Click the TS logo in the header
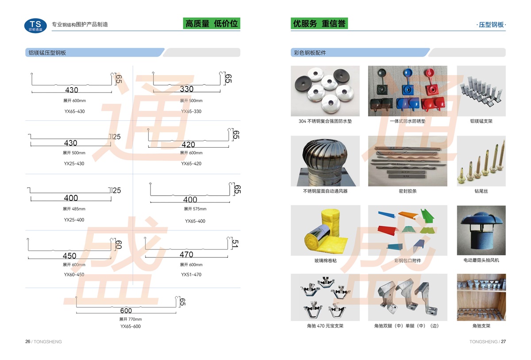[35, 25]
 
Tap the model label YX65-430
[74, 111]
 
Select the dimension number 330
[187, 89]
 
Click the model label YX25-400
[74, 220]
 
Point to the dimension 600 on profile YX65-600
[126, 310]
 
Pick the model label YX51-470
[191, 275]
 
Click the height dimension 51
[235, 243]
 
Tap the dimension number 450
[69, 256]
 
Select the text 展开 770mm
[131, 319]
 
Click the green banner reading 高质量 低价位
[212, 24]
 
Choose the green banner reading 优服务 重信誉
[319, 24]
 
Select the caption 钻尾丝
[481, 191]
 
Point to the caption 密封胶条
[408, 191]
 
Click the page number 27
[503, 341]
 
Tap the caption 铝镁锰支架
[481, 121]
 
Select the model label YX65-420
[191, 164]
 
